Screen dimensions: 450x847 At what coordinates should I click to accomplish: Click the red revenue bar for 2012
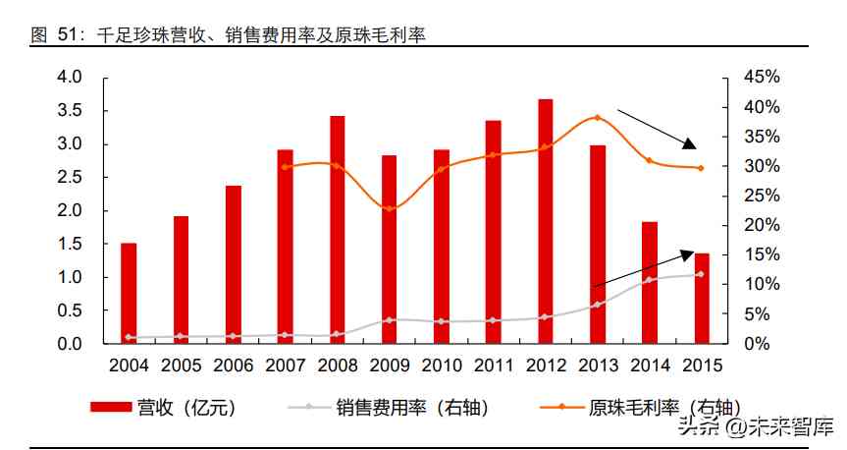pyautogui.click(x=545, y=221)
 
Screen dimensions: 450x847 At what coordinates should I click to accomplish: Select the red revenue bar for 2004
pyautogui.click(x=129, y=293)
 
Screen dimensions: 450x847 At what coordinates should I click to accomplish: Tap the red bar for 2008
pyautogui.click(x=337, y=229)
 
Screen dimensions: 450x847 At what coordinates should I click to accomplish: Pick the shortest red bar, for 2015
pyautogui.click(x=701, y=299)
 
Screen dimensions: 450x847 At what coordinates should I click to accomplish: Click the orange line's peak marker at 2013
pyautogui.click(x=597, y=118)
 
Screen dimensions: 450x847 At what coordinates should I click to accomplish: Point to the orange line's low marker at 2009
pyautogui.click(x=389, y=208)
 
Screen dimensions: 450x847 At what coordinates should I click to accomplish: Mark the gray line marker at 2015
pyautogui.click(x=701, y=274)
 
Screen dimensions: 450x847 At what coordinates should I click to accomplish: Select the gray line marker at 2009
pyautogui.click(x=389, y=319)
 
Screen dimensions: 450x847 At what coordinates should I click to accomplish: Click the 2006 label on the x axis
pyautogui.click(x=233, y=366)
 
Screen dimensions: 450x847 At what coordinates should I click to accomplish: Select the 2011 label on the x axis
pyautogui.click(x=493, y=366)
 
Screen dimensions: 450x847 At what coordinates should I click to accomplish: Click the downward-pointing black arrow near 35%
pyautogui.click(x=658, y=128)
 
